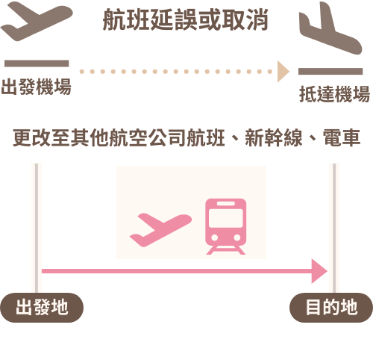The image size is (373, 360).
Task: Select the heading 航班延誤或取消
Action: click(186, 19)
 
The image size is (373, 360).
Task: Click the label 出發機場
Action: click(37, 87)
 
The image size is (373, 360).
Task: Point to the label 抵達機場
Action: click(335, 94)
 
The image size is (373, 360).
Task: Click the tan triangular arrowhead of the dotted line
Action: click(283, 72)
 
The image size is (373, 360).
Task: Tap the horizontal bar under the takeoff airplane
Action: click(37, 63)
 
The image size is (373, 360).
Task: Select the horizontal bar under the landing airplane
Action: click(330, 71)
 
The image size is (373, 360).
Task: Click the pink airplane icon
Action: click(160, 229)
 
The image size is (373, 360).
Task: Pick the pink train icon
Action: click(225, 226)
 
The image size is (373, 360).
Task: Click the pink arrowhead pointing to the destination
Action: click(319, 271)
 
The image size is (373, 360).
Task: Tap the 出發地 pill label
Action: click(42, 308)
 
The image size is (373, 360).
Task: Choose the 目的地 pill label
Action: click(331, 308)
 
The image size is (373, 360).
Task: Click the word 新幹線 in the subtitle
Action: click(274, 137)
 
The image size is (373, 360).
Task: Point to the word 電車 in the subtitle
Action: click(342, 137)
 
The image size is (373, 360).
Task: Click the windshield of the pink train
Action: click(225, 218)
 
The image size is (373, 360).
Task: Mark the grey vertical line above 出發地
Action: click(37, 228)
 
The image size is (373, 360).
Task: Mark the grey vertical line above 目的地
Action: click(334, 228)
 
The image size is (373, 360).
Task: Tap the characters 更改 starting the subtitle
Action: click(32, 137)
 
